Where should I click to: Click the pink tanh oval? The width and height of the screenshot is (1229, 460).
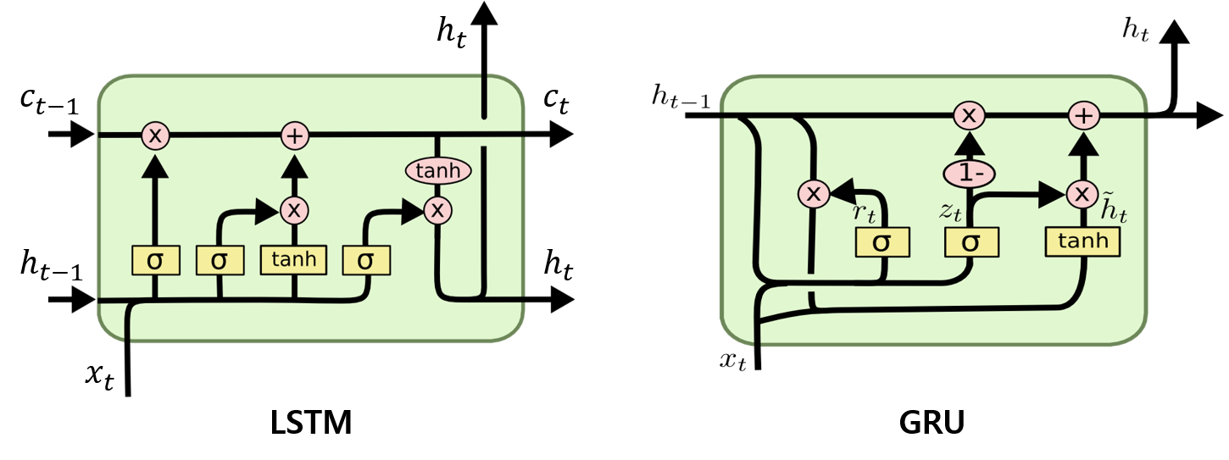point(438,171)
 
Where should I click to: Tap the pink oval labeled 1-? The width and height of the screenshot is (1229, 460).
point(969,174)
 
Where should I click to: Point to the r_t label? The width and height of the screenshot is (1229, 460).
point(863,213)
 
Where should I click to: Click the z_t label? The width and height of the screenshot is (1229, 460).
point(949,212)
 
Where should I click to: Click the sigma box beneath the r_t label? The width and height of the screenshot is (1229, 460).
point(881,242)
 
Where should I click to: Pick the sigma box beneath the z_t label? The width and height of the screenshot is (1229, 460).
point(971,242)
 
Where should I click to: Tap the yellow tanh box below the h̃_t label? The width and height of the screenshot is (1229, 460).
point(1083,242)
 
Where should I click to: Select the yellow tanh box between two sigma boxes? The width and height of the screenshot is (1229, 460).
point(294,259)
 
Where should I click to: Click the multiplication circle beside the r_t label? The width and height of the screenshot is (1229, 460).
point(813,194)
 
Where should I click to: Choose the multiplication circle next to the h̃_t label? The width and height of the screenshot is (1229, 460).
point(1081,194)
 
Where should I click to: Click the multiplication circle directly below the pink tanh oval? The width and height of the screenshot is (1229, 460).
point(437,210)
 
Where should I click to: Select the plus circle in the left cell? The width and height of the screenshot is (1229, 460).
point(294,135)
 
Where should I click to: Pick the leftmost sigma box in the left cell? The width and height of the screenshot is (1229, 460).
point(155,260)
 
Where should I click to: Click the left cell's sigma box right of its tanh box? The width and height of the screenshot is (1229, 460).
point(366,260)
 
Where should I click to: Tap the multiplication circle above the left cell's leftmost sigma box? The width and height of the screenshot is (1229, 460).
point(155,135)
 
